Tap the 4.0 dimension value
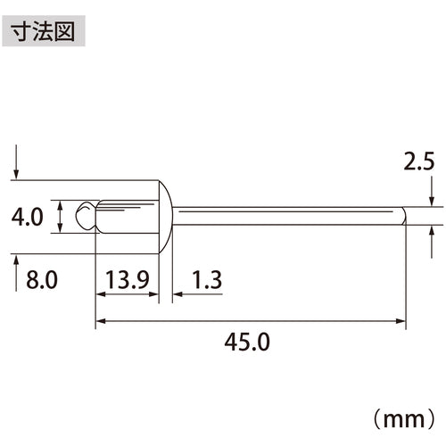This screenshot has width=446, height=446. click(30, 217)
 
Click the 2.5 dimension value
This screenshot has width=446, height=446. click(419, 161)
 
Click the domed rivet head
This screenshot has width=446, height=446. click(165, 217)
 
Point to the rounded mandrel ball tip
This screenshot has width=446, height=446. click(84, 217)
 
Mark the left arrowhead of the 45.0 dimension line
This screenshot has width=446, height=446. click(100, 319)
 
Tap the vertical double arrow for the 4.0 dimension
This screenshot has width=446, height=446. click(60, 217)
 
